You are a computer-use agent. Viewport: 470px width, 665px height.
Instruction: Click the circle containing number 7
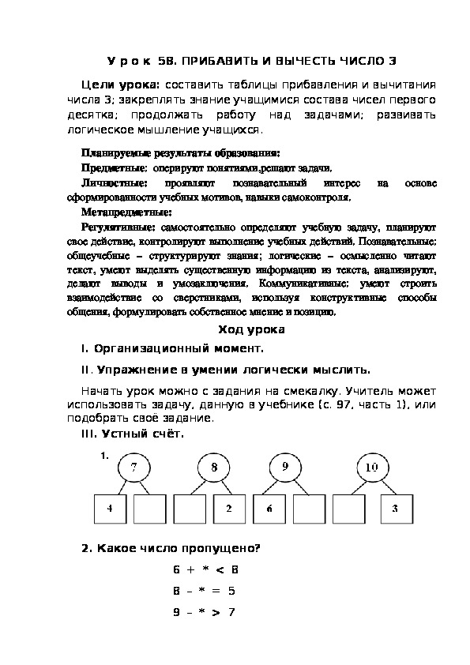coord(133,468)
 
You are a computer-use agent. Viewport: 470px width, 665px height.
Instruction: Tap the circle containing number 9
coord(284,468)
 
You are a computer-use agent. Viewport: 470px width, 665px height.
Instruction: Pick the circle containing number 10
coord(371,468)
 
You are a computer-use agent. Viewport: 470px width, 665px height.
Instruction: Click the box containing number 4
coord(110,509)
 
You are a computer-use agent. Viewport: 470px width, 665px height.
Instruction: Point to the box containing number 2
coord(229,509)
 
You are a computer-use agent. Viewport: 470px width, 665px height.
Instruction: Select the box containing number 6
coord(269,509)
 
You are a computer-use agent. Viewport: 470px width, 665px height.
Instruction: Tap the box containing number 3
coord(395,509)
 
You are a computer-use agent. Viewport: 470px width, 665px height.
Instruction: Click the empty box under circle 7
coord(149,509)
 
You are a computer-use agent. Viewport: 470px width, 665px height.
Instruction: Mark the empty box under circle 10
coord(348,509)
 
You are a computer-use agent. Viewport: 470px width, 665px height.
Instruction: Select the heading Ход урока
coord(235,329)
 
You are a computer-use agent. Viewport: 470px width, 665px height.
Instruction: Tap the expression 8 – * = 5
coord(205,591)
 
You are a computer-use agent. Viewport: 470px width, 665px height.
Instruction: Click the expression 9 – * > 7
coord(205,612)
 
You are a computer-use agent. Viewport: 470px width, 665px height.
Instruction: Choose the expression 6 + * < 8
coord(205,569)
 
